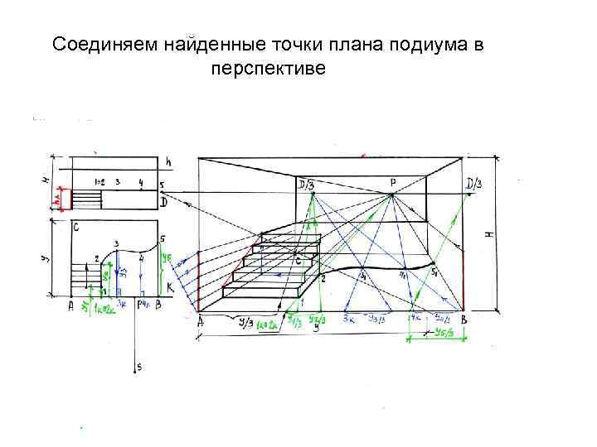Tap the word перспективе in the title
(269, 66)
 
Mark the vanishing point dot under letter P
(391, 195)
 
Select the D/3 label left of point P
(306, 183)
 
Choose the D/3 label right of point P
(477, 183)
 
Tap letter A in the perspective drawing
(201, 324)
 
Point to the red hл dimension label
(57, 199)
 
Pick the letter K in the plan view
(169, 286)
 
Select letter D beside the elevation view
(163, 201)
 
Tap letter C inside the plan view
(76, 226)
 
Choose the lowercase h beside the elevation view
(167, 160)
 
